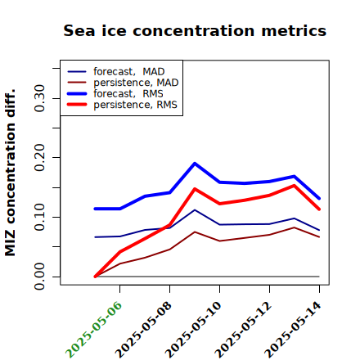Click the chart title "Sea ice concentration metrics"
tap(195, 30)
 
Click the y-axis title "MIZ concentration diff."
tap(10, 173)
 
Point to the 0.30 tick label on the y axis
tap(39, 98)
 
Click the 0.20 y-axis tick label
tap(39, 158)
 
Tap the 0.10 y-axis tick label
tap(39, 217)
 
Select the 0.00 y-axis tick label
tap(39, 277)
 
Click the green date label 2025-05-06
tap(93, 330)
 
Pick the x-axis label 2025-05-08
tap(143, 330)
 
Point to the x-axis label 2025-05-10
tap(193, 330)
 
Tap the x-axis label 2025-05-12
tap(243, 330)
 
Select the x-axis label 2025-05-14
tap(293, 330)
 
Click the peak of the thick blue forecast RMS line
tap(195, 164)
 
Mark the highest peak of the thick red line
tap(295, 186)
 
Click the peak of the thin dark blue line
tap(195, 209)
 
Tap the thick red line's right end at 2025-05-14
tap(319, 209)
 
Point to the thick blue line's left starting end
tap(95, 209)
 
